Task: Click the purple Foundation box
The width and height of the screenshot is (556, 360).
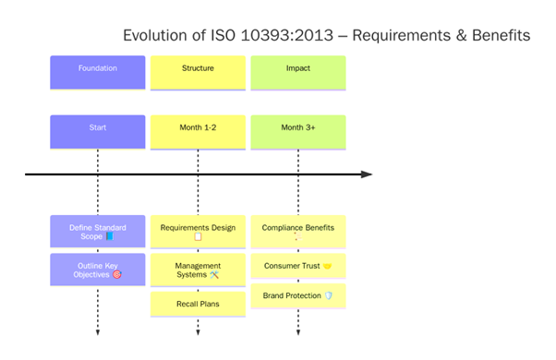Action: click(x=97, y=72)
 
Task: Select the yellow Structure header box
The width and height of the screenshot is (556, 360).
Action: click(x=198, y=72)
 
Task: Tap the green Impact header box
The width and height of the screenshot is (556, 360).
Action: click(x=297, y=72)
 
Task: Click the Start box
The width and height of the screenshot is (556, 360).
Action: click(x=97, y=131)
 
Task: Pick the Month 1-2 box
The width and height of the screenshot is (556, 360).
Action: click(x=198, y=131)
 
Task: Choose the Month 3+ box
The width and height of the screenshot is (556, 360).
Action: click(x=297, y=131)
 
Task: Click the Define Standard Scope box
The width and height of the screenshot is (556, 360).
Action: click(x=97, y=232)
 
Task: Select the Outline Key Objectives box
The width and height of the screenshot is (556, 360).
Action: click(x=97, y=269)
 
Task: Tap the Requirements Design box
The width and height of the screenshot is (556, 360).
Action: click(x=198, y=232)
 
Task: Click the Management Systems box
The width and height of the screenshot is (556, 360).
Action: click(x=198, y=270)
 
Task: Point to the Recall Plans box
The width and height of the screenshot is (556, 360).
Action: click(x=198, y=304)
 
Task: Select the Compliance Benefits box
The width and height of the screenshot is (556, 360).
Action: click(x=297, y=232)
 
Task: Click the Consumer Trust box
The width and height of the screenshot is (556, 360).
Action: click(x=297, y=266)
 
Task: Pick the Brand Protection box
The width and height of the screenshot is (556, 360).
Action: click(x=297, y=295)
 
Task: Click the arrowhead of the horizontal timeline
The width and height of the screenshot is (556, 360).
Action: click(x=367, y=174)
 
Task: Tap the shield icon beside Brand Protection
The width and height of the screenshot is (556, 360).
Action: click(x=328, y=295)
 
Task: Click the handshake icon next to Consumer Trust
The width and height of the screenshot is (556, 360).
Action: click(x=327, y=266)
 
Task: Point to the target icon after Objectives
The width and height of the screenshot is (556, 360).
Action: click(x=116, y=274)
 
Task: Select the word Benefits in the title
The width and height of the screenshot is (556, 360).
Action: click(x=500, y=36)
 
